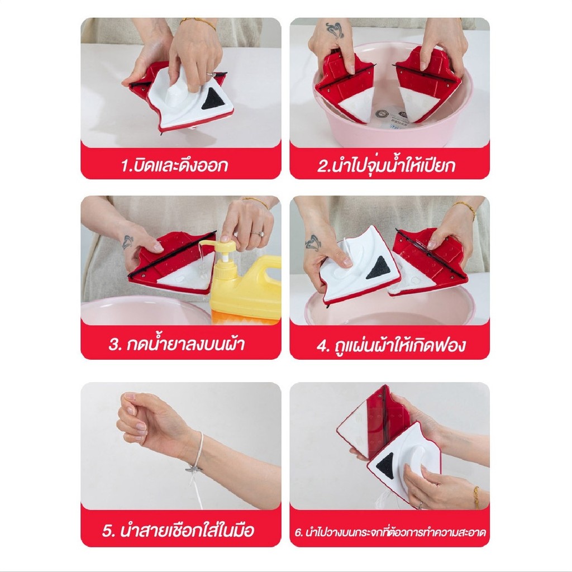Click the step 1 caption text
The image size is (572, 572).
pyautogui.click(x=174, y=165)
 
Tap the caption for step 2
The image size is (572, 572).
pyautogui.click(x=387, y=165)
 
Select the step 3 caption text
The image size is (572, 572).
pyautogui.click(x=177, y=344)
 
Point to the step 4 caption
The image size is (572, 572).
pyautogui.click(x=390, y=345)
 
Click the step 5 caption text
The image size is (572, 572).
pyautogui.click(x=178, y=530)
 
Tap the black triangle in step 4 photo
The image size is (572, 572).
pyautogui.click(x=378, y=268)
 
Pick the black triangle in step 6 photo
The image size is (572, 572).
pyautogui.click(x=386, y=466)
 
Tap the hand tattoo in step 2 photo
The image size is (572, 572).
pyautogui.click(x=335, y=30)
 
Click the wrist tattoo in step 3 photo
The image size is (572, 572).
pyautogui.click(x=127, y=242)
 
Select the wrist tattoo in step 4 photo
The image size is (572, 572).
pyautogui.click(x=313, y=242)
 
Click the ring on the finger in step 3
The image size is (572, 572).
pyautogui.click(x=257, y=233)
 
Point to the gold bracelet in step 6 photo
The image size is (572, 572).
pyautogui.click(x=476, y=498)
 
